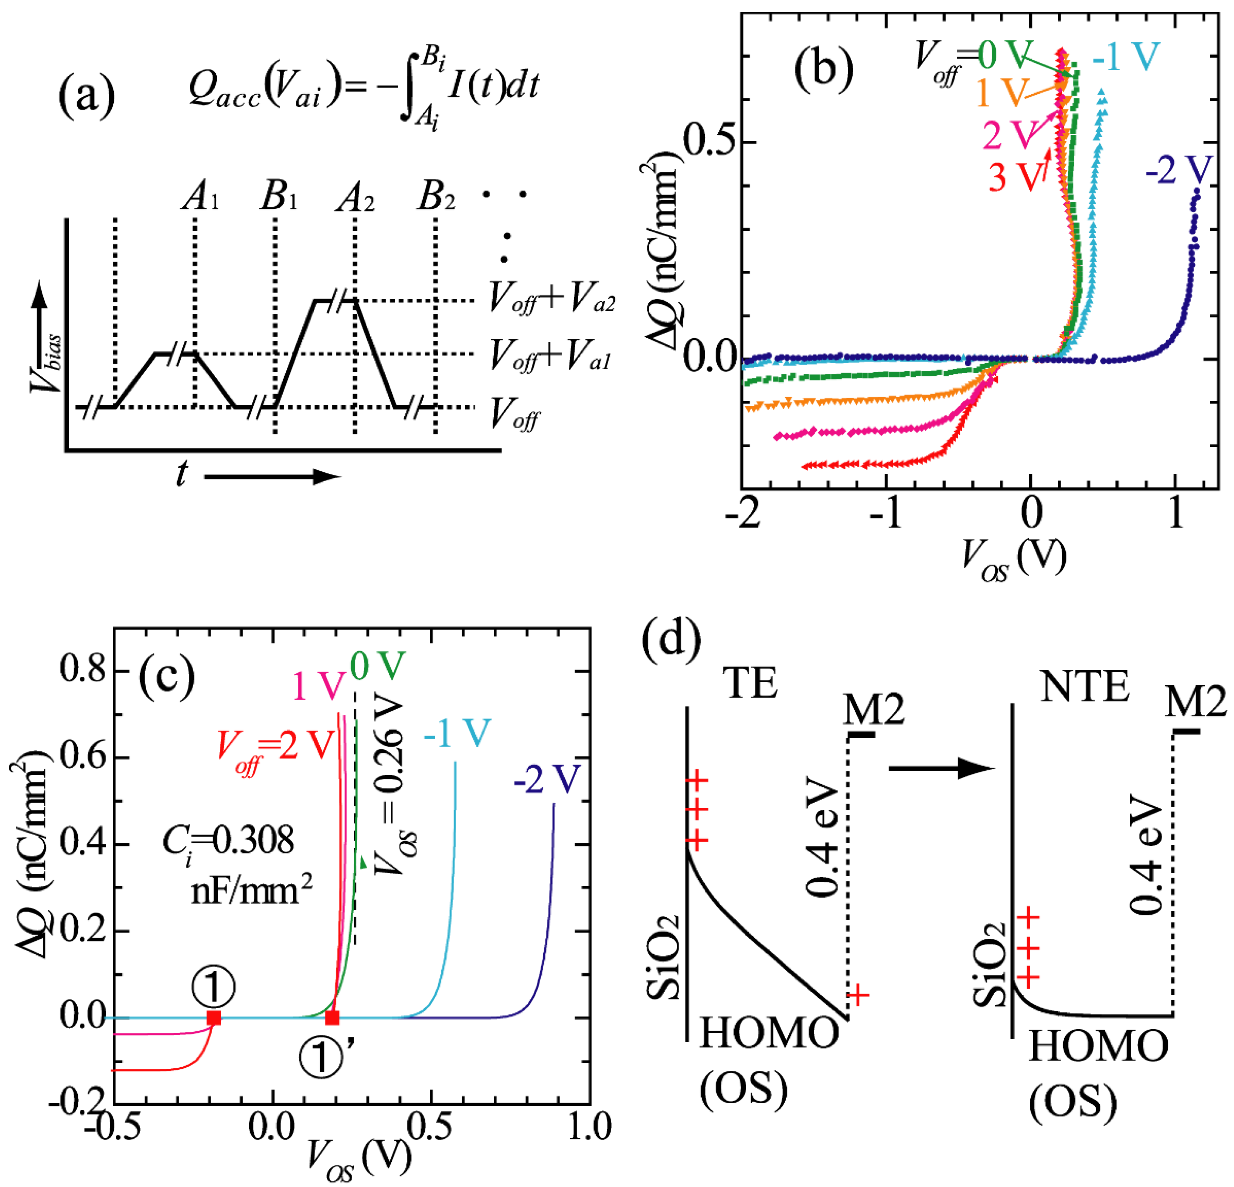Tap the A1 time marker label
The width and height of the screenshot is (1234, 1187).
tap(200, 198)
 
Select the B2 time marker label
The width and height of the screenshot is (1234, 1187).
tap(436, 198)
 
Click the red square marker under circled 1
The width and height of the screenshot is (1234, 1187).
tap(214, 1017)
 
